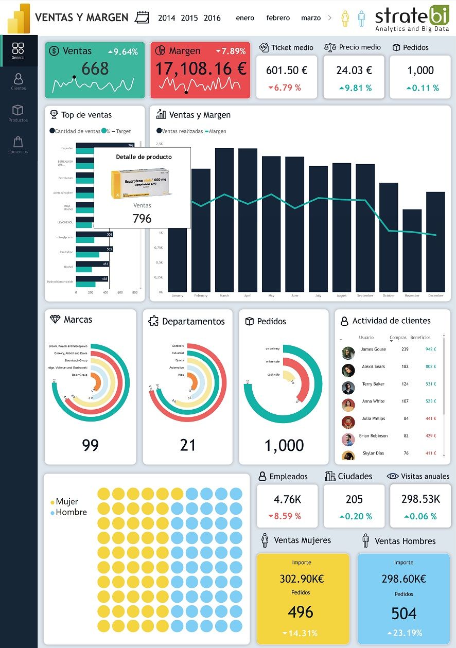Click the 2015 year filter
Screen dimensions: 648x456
(189, 18)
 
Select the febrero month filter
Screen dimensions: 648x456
(278, 18)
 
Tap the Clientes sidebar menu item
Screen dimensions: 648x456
(19, 82)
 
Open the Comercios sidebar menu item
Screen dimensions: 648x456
(19, 145)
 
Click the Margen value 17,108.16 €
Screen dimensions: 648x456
(201, 68)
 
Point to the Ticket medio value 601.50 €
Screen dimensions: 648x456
(287, 71)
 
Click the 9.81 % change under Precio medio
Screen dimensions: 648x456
(354, 88)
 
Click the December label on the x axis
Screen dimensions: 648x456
(435, 296)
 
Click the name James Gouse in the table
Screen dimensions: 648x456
(373, 349)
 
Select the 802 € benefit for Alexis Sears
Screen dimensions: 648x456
(430, 367)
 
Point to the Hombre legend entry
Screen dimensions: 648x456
(71, 513)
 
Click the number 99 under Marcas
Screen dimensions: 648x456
(90, 445)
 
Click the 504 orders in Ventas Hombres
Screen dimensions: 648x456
(404, 614)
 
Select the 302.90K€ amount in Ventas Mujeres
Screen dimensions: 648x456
(302, 579)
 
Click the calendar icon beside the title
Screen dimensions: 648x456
(142, 17)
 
